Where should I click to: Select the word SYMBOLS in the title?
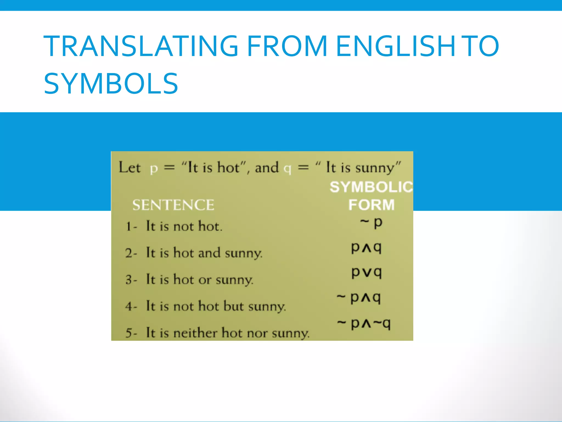point(111,84)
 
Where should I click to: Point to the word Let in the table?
point(129,167)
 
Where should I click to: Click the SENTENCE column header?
point(173,205)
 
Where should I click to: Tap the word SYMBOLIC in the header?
point(371,187)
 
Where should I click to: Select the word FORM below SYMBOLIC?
point(371,205)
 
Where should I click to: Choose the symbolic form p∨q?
point(367,273)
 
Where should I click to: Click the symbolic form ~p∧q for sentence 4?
point(359,298)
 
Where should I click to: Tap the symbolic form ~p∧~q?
point(364,323)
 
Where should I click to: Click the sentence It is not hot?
point(184,226)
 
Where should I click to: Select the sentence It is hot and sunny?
point(204,253)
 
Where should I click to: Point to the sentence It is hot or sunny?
point(199,280)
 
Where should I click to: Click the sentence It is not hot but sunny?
point(216,306)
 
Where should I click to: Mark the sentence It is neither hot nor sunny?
point(228,333)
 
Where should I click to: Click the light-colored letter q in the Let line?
point(287,168)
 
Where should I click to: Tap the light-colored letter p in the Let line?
point(154,168)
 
